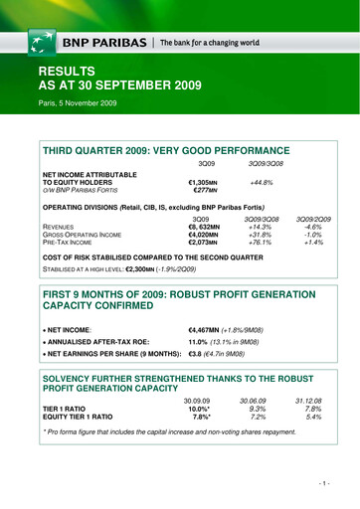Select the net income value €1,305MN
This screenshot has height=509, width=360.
coord(203,182)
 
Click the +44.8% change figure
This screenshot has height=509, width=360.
coord(263,182)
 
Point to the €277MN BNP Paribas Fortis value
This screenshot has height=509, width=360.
coord(204,191)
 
